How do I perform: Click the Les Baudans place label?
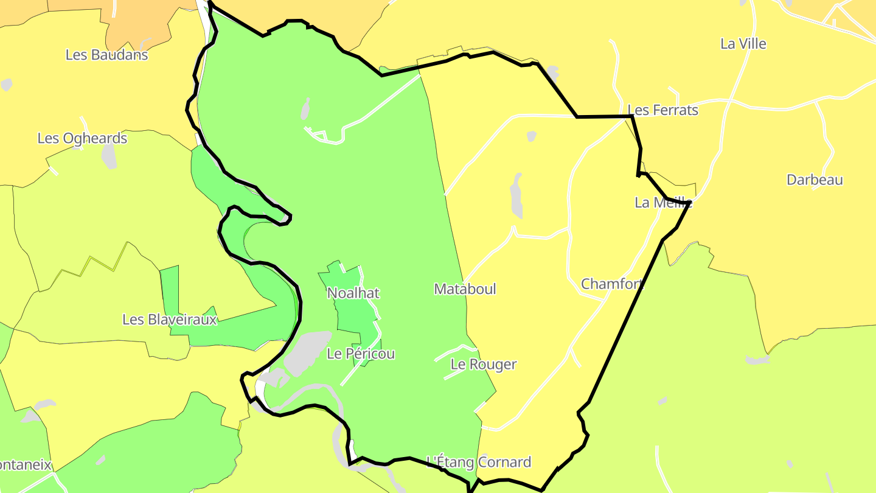click(106, 55)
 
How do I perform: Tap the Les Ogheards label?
click(82, 138)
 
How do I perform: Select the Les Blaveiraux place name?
click(170, 320)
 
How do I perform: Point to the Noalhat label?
click(353, 293)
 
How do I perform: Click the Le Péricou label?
click(361, 354)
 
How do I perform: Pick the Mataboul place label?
click(465, 289)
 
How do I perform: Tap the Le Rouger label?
click(484, 365)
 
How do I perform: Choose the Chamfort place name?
click(612, 284)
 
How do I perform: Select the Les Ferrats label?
click(663, 110)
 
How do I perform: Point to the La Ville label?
click(743, 44)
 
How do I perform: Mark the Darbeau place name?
click(815, 180)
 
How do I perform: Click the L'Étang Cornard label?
click(479, 463)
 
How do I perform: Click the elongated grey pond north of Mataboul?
click(516, 195)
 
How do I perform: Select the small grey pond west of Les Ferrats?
click(531, 136)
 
